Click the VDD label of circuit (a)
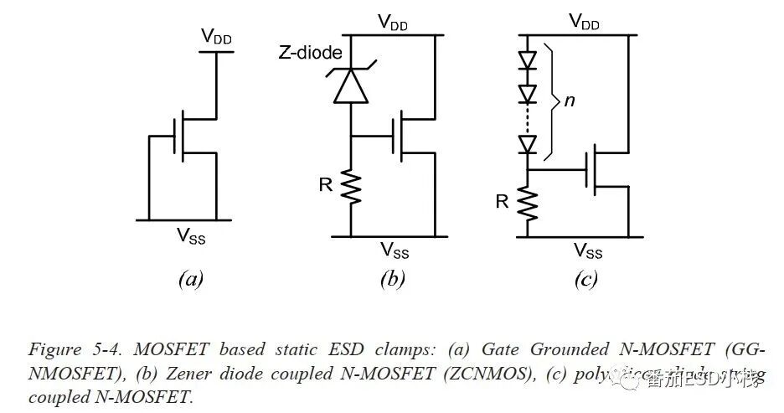[216, 37]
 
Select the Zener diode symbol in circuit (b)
[351, 84]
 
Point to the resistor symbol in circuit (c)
[528, 203]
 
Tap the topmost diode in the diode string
[528, 60]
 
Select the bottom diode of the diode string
[528, 144]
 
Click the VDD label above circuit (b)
[394, 23]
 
